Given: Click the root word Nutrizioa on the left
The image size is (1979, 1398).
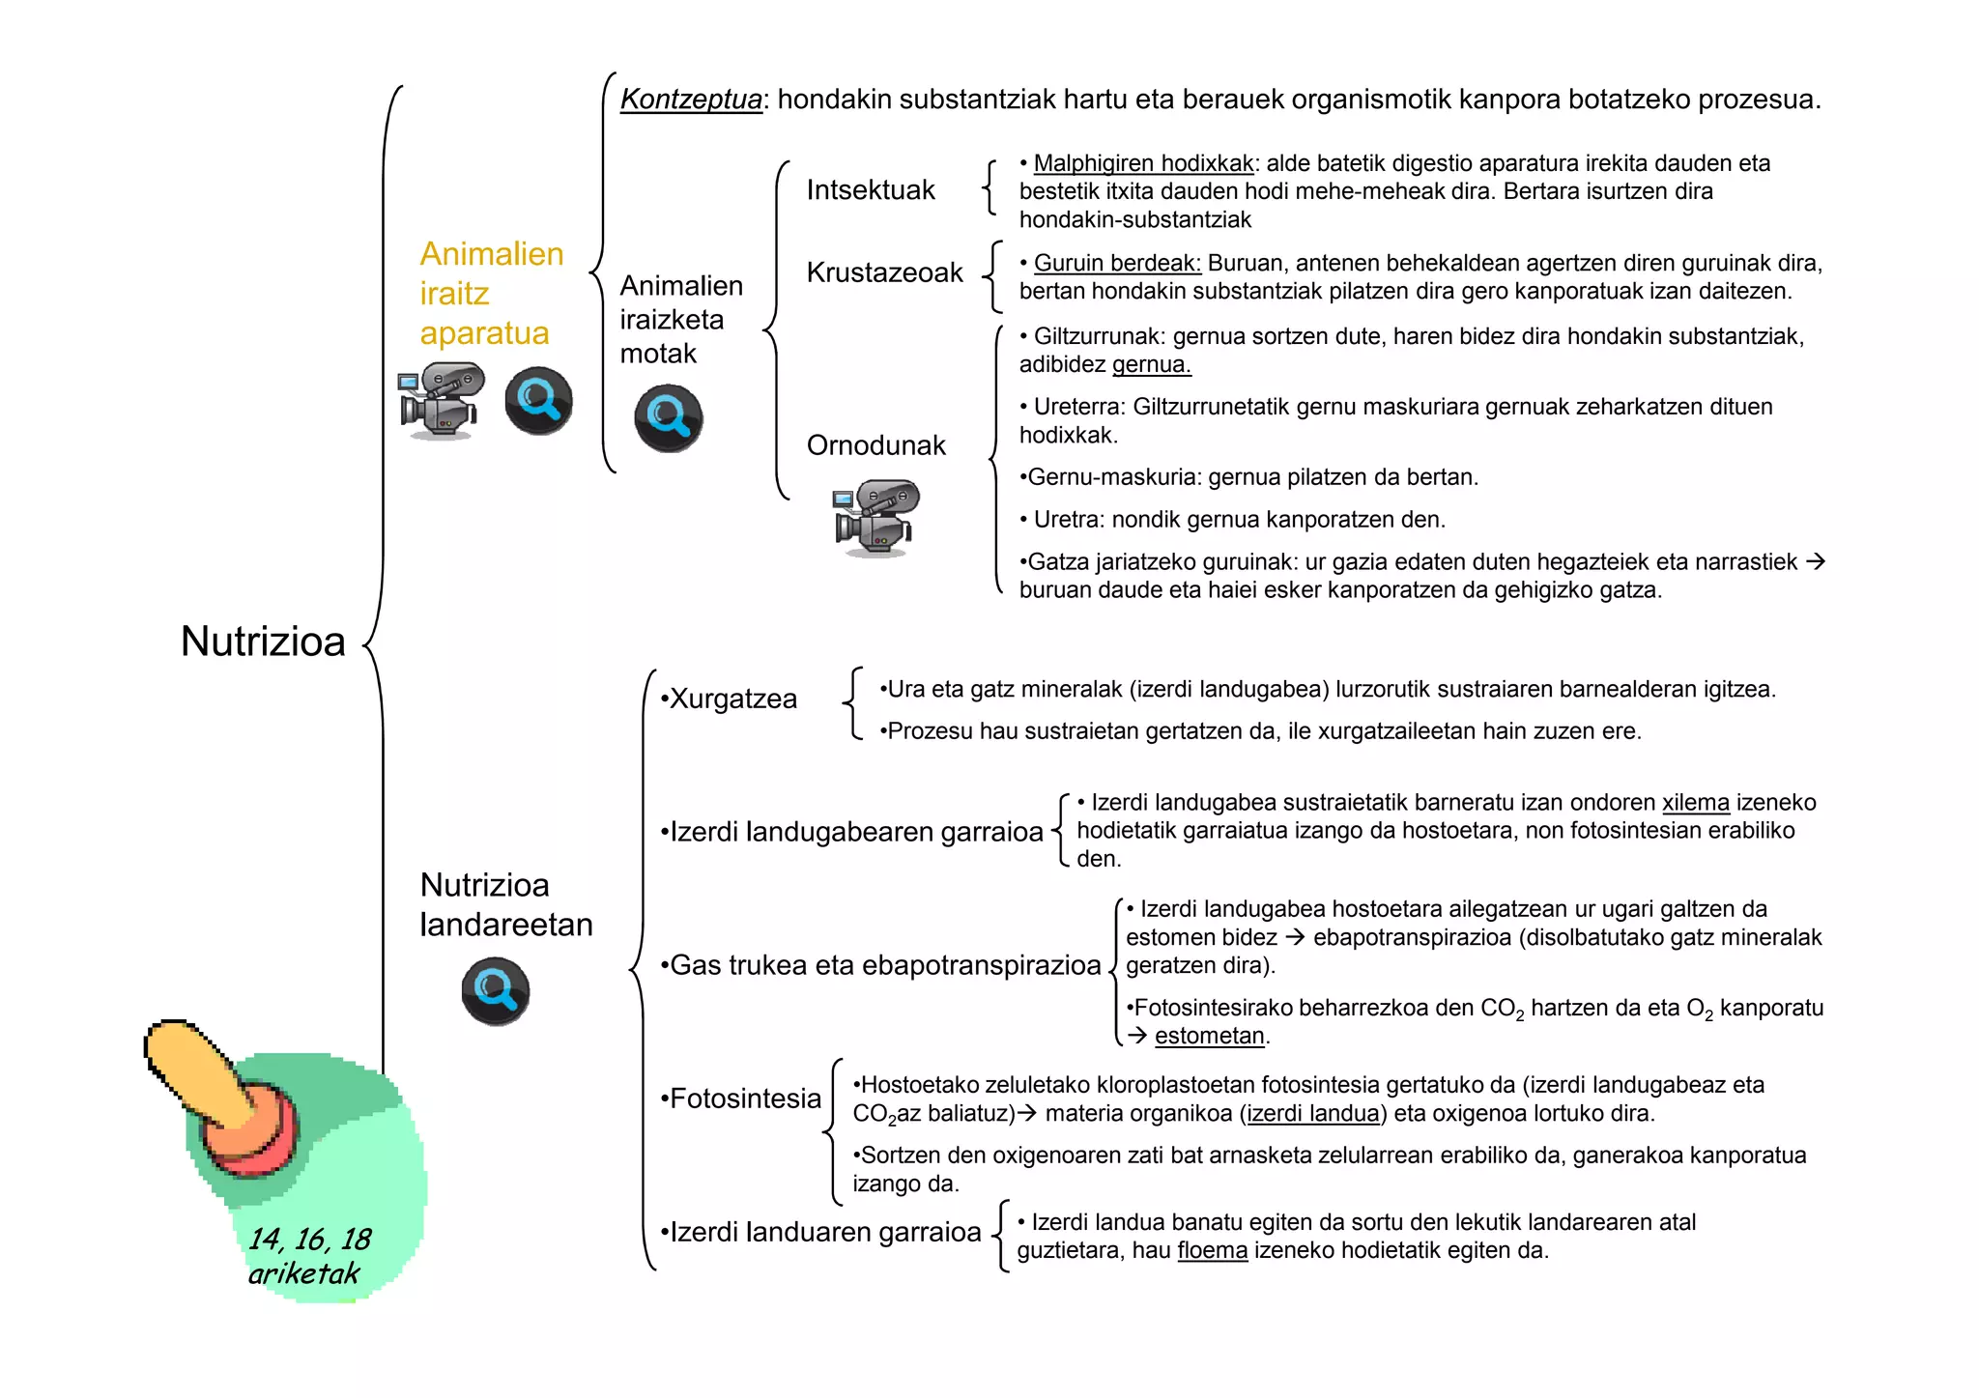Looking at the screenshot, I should (x=263, y=642).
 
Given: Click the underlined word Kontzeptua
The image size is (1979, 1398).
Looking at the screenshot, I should (x=691, y=100).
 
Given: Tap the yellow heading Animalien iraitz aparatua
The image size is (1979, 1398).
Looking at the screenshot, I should (x=491, y=293).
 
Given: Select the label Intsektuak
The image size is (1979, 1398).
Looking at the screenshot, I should (x=870, y=189).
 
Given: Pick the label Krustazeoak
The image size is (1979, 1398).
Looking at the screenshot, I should (x=884, y=272).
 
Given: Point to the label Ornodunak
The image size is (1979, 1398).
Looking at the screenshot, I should (x=875, y=445).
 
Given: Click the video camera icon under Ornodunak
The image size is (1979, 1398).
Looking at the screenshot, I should (x=875, y=518).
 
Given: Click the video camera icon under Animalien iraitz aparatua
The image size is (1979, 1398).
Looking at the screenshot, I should (x=440, y=401).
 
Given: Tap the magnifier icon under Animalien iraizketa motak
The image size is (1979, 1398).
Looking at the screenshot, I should (x=668, y=418).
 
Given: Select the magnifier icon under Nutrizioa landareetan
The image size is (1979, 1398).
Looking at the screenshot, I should (x=495, y=991).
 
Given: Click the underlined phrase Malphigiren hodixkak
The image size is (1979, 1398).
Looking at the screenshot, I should (x=1142, y=163).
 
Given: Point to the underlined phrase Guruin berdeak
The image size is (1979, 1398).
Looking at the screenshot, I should (x=1116, y=263).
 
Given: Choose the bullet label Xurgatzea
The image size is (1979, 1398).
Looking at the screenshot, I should (x=730, y=699).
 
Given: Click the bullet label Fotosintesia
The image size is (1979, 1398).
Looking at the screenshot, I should (x=741, y=1098).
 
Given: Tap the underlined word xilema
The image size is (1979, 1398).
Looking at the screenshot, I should (x=1695, y=803).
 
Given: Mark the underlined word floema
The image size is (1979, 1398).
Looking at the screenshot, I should (x=1212, y=1251).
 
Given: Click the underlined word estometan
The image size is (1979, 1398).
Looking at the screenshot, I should (x=1209, y=1036).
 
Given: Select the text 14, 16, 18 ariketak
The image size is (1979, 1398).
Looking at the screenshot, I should (x=308, y=1256).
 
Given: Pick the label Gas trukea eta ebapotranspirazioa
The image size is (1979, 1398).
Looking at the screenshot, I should (x=880, y=965).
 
